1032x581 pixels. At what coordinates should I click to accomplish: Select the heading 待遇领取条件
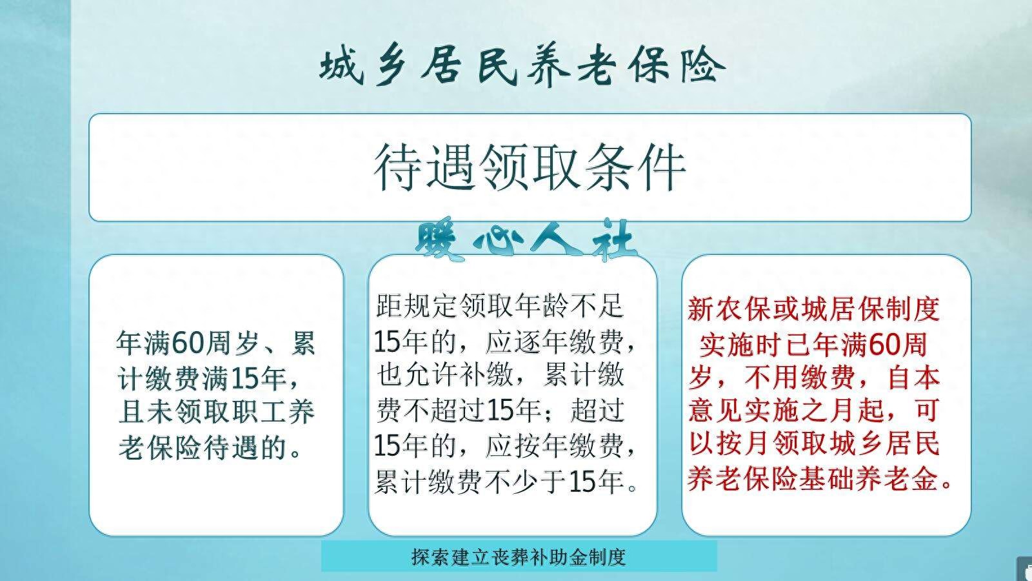[x=530, y=167]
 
